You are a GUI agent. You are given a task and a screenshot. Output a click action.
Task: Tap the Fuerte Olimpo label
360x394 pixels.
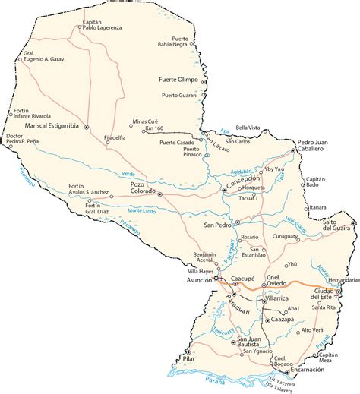(177, 79)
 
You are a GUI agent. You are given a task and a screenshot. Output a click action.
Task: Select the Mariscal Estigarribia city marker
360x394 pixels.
(87, 126)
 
